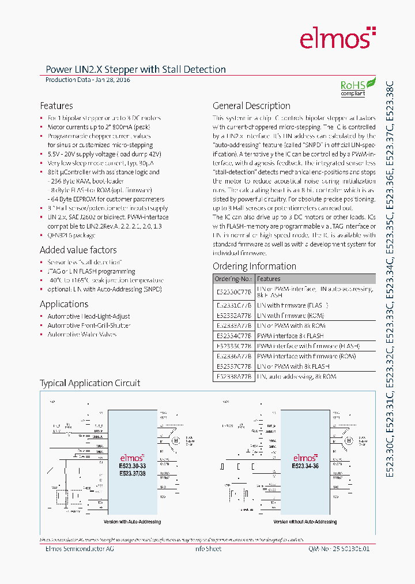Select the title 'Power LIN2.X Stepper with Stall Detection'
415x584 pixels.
click(x=135, y=69)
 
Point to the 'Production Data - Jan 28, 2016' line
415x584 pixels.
click(x=88, y=80)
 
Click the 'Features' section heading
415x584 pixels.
click(x=56, y=106)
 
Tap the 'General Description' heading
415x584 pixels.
click(x=251, y=106)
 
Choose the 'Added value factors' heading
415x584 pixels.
click(x=78, y=250)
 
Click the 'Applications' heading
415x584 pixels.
click(x=64, y=304)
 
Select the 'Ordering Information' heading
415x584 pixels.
click(x=254, y=266)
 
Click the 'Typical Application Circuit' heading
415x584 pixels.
click(x=90, y=383)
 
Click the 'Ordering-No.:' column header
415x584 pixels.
click(x=233, y=279)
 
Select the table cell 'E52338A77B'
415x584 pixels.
click(x=233, y=376)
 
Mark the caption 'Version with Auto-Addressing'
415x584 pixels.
click(x=131, y=522)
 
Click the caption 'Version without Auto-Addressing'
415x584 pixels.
click(x=305, y=522)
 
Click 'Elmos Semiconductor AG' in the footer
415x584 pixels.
click(x=80, y=549)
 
